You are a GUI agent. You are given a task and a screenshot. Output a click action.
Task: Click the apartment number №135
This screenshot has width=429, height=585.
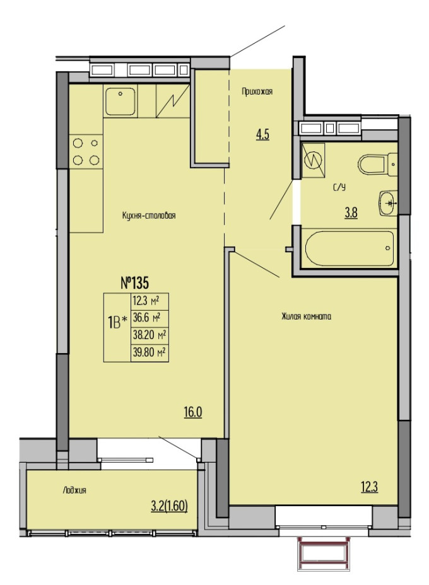(x=135, y=283)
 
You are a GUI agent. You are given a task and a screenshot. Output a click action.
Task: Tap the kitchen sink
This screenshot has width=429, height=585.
(x=120, y=101)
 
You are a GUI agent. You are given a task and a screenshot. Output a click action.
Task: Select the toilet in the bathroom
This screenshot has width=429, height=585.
(x=377, y=164)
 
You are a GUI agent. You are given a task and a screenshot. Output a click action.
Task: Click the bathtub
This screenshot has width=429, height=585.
(x=349, y=248)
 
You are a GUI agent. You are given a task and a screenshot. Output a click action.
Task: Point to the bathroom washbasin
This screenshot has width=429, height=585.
(x=387, y=204)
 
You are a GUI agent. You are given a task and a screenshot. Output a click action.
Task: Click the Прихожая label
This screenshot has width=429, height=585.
(x=257, y=91)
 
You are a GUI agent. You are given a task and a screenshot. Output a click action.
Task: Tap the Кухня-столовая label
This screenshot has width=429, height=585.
(x=149, y=216)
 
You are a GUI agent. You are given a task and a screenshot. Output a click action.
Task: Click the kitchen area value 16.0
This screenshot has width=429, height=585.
(x=192, y=412)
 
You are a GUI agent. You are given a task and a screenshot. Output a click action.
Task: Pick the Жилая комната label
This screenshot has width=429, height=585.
(x=306, y=316)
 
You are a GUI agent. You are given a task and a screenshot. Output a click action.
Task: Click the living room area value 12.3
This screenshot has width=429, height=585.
(x=369, y=487)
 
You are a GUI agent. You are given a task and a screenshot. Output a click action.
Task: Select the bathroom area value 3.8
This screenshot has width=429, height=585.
(x=351, y=213)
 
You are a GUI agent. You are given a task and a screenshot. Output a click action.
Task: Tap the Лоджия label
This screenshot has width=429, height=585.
(x=74, y=490)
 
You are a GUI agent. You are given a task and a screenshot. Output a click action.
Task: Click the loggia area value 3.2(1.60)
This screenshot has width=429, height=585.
(x=169, y=506)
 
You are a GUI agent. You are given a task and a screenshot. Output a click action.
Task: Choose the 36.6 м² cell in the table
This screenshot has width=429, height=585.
(x=150, y=318)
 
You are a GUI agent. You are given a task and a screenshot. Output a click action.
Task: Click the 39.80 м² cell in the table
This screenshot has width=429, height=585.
(x=150, y=352)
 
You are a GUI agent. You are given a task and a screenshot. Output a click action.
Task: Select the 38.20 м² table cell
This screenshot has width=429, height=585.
(x=150, y=335)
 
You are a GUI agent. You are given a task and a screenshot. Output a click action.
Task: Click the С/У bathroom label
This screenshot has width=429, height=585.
(x=339, y=187)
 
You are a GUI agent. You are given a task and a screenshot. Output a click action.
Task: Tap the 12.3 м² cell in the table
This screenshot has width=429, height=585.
(x=150, y=302)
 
